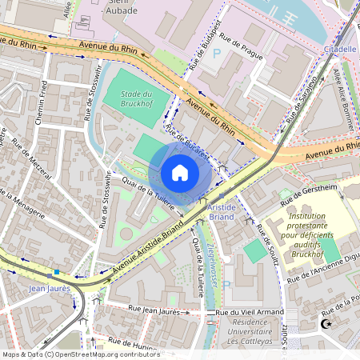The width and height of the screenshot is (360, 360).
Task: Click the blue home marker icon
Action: coord(180,172)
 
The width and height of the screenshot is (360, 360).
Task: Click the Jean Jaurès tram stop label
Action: coord(49,287)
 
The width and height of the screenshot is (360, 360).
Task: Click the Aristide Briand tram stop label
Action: coord(221,210)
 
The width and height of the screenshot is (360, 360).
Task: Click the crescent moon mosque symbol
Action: coord(326,324)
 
